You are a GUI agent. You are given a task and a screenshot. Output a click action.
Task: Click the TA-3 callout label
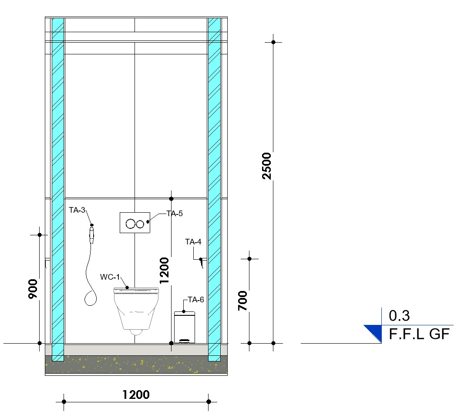[x=77, y=210]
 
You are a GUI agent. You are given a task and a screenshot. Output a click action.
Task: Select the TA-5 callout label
[x=175, y=214]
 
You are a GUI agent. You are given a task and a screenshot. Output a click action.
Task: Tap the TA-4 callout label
[x=193, y=242]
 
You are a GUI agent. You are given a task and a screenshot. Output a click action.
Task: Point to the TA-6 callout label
[x=196, y=299]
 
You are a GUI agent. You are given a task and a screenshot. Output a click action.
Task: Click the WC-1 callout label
[x=110, y=277]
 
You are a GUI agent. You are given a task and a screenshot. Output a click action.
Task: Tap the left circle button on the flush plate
[x=130, y=224]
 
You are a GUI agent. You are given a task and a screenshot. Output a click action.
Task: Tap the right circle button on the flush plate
[x=139, y=224]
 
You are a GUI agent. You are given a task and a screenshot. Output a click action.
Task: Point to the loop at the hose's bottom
[x=91, y=298]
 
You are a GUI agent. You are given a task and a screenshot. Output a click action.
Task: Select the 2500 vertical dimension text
[x=267, y=166]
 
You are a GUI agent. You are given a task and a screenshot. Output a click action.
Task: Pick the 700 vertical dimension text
[x=243, y=301]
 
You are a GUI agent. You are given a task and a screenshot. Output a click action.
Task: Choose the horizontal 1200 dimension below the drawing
[x=136, y=395]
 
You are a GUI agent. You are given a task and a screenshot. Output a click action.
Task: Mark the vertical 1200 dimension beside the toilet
[x=164, y=270]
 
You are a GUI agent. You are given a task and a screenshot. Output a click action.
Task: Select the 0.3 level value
[x=399, y=315]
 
